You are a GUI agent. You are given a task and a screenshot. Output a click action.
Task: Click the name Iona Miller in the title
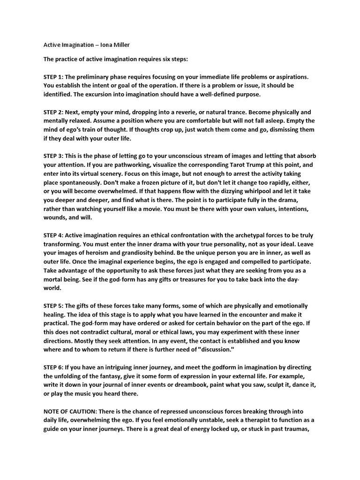[x=115, y=45]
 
